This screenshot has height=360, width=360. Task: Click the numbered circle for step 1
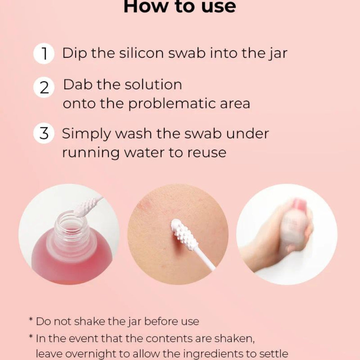tap(44, 53)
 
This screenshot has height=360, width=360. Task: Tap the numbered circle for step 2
tap(44, 87)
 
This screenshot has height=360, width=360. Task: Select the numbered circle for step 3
tap(44, 133)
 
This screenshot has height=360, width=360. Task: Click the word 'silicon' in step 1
tap(141, 53)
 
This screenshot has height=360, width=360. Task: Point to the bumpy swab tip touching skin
tap(184, 232)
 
